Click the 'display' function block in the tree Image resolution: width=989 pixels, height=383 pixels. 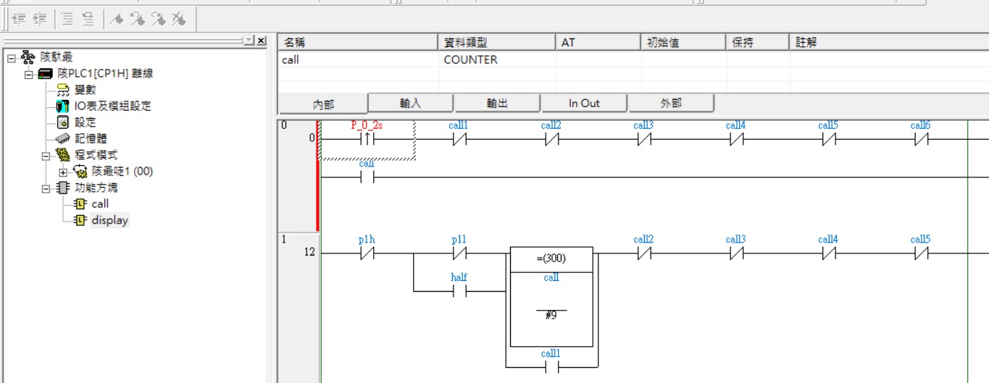[109, 220]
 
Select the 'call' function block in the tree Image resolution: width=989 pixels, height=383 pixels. [100, 204]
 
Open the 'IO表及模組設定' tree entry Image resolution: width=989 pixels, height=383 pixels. [112, 106]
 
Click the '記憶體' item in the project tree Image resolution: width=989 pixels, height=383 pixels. [91, 138]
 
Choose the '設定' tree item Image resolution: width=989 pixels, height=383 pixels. [85, 122]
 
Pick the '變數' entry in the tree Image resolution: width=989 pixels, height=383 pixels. [85, 90]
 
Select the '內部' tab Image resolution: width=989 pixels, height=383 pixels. [323, 104]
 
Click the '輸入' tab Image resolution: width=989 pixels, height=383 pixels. [410, 104]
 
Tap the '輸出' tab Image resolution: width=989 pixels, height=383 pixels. [497, 104]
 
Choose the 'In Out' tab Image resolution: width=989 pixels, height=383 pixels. [584, 104]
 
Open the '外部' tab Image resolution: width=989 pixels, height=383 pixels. [671, 104]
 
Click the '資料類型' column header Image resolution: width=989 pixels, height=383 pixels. [466, 43]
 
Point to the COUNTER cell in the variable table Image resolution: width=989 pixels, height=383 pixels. [470, 60]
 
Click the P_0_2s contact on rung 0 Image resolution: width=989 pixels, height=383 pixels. [367, 139]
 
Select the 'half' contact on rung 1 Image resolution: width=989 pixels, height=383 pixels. [459, 291]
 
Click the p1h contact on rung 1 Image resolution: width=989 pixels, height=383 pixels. [367, 253]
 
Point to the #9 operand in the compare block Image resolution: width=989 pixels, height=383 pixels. [551, 316]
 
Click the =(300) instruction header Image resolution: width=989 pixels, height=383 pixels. [551, 258]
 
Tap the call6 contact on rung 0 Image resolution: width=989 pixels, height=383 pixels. [920, 139]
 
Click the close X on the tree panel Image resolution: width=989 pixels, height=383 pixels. [261, 41]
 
